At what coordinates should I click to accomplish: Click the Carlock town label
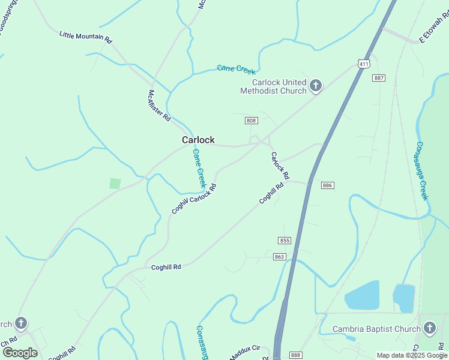pyautogui.click(x=198, y=140)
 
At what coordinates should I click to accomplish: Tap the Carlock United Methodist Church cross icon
pyautogui.click(x=316, y=86)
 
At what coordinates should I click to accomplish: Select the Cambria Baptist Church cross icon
pyautogui.click(x=429, y=328)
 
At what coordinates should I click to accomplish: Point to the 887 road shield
pyautogui.click(x=378, y=78)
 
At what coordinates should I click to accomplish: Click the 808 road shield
pyautogui.click(x=251, y=121)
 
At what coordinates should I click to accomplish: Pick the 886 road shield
pyautogui.click(x=327, y=185)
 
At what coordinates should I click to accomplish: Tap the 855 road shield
pyautogui.click(x=285, y=241)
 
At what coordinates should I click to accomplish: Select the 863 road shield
pyautogui.click(x=279, y=257)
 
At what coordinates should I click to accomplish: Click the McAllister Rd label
pyautogui.click(x=160, y=106)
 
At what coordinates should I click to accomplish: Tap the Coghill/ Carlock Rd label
pyautogui.click(x=194, y=199)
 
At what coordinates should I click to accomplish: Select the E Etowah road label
pyautogui.click(x=433, y=28)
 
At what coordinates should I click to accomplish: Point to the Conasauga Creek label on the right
pyautogui.click(x=422, y=171)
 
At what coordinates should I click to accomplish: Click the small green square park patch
pyautogui.click(x=115, y=184)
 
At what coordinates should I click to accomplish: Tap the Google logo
pyautogui.click(x=20, y=353)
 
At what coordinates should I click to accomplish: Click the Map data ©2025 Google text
pyautogui.click(x=412, y=355)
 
